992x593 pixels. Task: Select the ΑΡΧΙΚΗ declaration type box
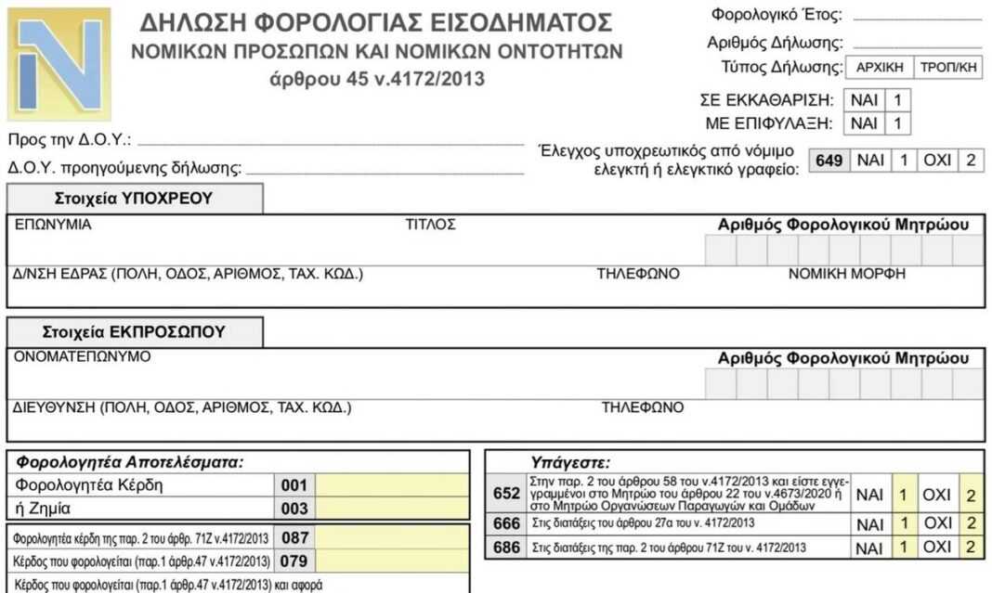(x=879, y=69)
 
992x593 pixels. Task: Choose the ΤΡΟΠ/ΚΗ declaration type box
(x=948, y=69)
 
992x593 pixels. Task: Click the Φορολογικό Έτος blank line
(x=916, y=17)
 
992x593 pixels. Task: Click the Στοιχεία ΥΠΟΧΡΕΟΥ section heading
(x=134, y=199)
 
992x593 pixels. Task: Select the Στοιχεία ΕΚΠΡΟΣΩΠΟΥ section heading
(x=134, y=332)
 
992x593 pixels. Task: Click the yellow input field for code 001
(x=392, y=485)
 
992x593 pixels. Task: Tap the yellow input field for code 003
(x=392, y=509)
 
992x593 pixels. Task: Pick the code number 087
(x=295, y=538)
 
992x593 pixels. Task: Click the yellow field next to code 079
(x=392, y=561)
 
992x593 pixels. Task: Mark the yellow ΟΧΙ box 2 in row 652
(x=971, y=496)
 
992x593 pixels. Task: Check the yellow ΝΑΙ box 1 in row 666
(x=902, y=524)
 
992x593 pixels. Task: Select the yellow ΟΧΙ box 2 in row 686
(x=971, y=548)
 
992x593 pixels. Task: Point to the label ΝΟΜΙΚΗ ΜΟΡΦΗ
(x=846, y=274)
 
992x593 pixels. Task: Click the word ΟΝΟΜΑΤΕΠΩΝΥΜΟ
(x=82, y=357)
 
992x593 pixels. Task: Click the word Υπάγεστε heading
(x=569, y=462)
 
